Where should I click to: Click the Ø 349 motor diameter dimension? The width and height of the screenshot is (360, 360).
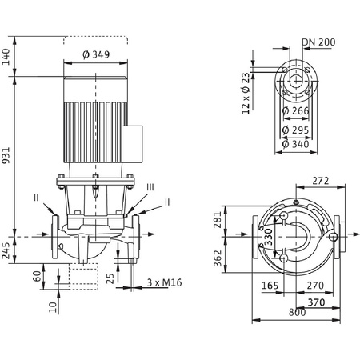click(x=96, y=54)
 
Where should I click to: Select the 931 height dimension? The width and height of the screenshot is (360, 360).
click(x=6, y=155)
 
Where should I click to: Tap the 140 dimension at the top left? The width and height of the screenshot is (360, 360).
click(x=6, y=57)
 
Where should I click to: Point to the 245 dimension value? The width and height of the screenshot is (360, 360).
click(x=6, y=250)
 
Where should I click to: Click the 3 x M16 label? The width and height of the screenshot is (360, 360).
click(x=165, y=282)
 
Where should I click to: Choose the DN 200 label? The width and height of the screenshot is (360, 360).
click(x=318, y=42)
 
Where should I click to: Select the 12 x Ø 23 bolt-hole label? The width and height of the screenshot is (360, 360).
click(x=246, y=94)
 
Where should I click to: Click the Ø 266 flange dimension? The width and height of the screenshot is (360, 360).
click(x=295, y=110)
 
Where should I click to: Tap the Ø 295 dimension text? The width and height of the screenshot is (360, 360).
click(x=295, y=130)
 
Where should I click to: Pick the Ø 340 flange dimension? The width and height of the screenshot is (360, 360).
click(x=295, y=144)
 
